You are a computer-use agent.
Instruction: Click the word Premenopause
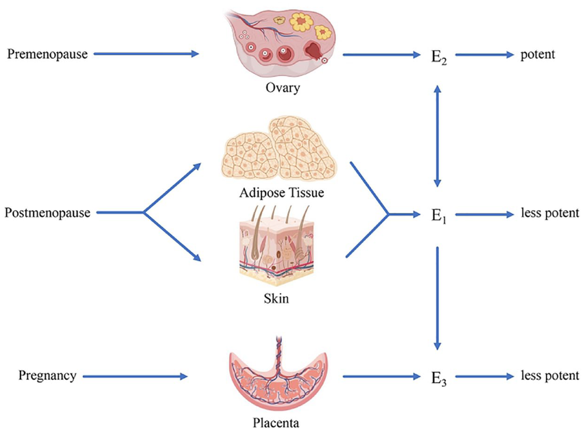(x=47, y=53)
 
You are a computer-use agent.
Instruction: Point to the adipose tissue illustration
(x=278, y=151)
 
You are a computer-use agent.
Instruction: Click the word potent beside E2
(x=538, y=53)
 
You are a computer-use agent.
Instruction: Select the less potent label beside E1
(x=549, y=214)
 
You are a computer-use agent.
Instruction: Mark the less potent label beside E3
(x=549, y=376)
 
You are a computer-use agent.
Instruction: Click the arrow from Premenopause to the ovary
(x=145, y=53)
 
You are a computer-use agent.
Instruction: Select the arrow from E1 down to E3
(x=437, y=299)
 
